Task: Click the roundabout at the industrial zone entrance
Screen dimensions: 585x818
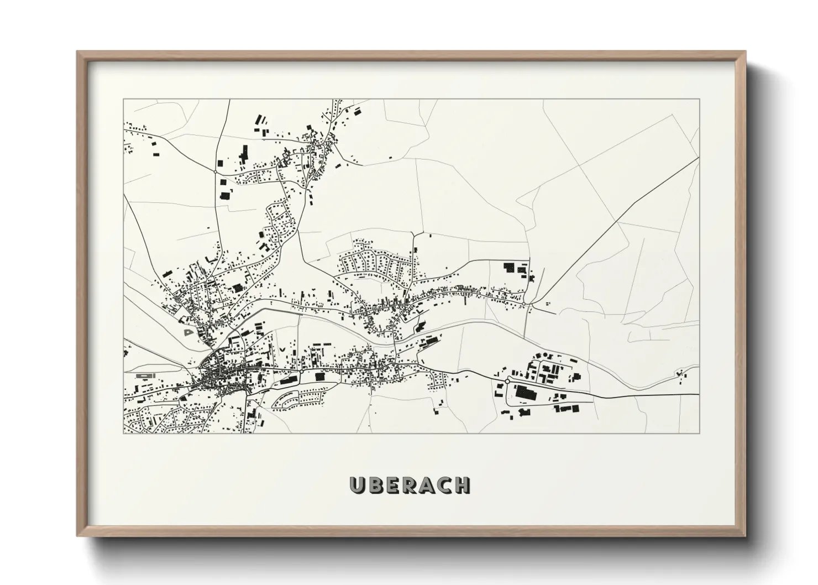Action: pyautogui.click(x=507, y=380)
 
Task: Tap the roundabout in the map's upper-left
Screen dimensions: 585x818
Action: pyautogui.click(x=215, y=172)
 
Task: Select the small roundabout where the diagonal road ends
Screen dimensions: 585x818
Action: pyautogui.click(x=523, y=303)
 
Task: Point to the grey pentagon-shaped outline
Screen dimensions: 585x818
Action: pyautogui.click(x=188, y=332)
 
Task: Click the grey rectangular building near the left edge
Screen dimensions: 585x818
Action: pyautogui.click(x=143, y=375)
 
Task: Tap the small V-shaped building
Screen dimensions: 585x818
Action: pyautogui.click(x=283, y=349)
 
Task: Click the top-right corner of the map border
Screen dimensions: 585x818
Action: pyautogui.click(x=699, y=99)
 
